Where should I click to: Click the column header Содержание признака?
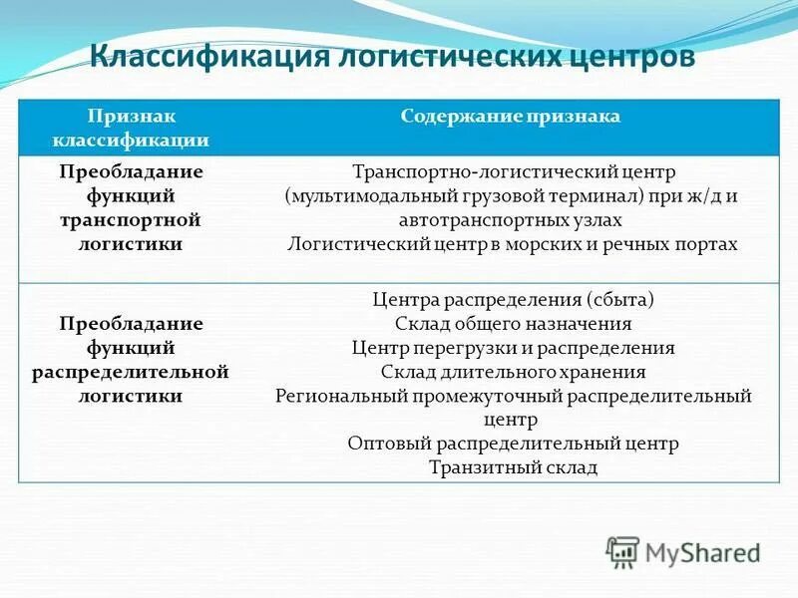click(x=511, y=117)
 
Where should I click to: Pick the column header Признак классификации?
click(x=148, y=129)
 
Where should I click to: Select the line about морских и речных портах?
click(x=512, y=243)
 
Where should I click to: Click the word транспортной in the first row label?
click(x=131, y=218)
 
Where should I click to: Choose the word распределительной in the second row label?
click(x=131, y=371)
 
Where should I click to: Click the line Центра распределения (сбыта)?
click(x=513, y=299)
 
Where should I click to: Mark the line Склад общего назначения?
click(x=513, y=324)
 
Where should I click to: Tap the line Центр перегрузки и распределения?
click(x=513, y=348)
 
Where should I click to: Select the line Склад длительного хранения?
click(x=513, y=372)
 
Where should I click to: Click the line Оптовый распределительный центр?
click(x=513, y=444)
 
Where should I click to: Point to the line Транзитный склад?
click(x=513, y=467)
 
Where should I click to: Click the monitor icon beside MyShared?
click(x=622, y=551)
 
